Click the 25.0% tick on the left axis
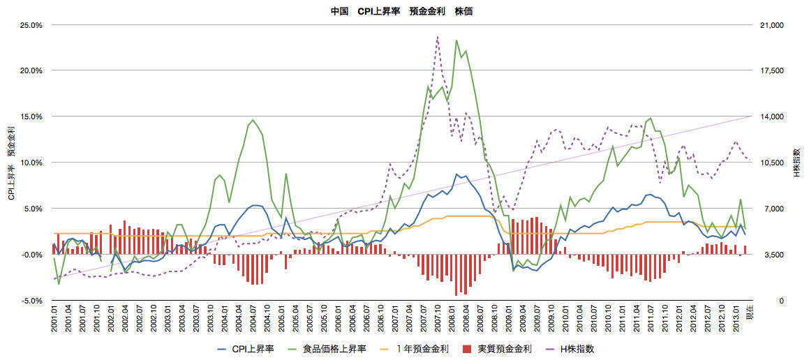click(x=31, y=25)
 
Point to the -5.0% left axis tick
click(x=31, y=301)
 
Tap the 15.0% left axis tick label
click(x=31, y=117)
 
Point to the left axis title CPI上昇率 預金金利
click(x=11, y=163)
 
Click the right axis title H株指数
click(x=797, y=163)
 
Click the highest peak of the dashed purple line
click(x=437, y=37)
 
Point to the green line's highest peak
click(x=457, y=40)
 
